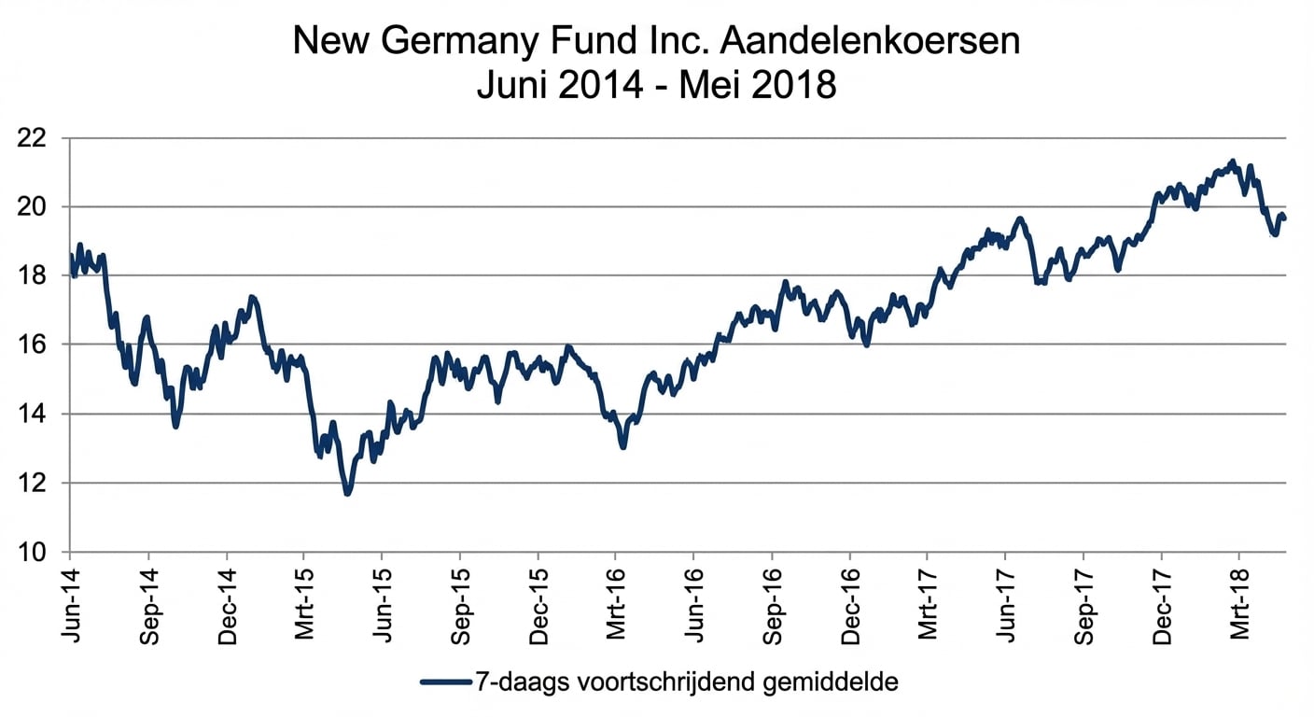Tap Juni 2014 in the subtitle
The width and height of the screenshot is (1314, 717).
(559, 86)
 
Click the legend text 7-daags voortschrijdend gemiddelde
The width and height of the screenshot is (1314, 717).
(686, 682)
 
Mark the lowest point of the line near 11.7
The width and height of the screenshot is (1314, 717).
(347, 493)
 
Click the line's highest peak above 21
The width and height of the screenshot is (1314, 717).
(1233, 162)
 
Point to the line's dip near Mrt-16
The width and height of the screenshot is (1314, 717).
(622, 447)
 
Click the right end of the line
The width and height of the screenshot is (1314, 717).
(1285, 218)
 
